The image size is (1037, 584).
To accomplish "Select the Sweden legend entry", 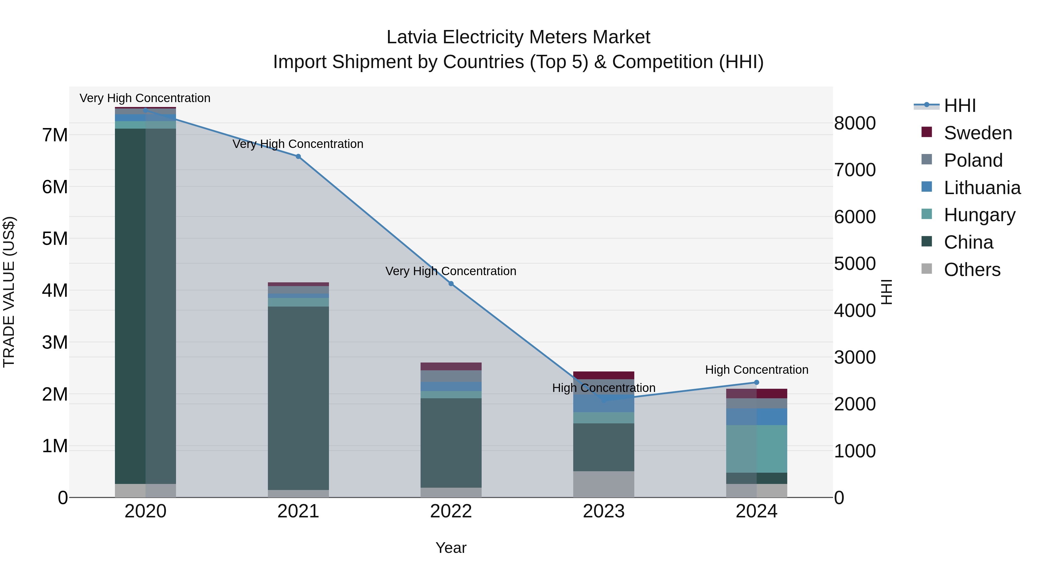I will click(x=977, y=133).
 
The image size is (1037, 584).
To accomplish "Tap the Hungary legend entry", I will click(x=979, y=215).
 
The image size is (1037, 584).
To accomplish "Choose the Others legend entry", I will click(x=972, y=270).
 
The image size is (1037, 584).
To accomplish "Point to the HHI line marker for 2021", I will click(x=298, y=156).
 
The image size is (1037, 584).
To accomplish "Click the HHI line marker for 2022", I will click(x=451, y=284).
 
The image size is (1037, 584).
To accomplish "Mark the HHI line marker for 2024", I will click(x=756, y=382).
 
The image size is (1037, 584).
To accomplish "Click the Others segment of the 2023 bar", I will click(x=603, y=484).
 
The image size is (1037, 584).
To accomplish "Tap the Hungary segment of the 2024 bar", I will click(x=756, y=448).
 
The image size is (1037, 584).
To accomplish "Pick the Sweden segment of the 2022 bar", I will click(x=451, y=366).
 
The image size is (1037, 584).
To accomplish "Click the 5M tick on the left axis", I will click(x=55, y=239).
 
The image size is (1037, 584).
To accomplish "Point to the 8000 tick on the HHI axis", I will click(x=855, y=123).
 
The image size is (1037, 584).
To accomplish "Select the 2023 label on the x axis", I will click(x=603, y=511).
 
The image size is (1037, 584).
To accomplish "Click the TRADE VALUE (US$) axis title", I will click(x=9, y=292).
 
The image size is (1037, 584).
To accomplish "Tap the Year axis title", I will click(x=451, y=548).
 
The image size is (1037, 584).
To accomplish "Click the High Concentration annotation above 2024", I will click(x=756, y=370).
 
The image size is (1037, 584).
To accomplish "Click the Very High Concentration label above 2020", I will click(x=145, y=98).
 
